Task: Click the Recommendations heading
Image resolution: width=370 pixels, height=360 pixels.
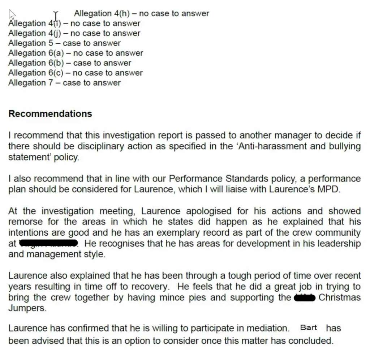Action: (x=50, y=113)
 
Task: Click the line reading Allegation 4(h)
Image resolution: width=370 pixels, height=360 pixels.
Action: (x=141, y=14)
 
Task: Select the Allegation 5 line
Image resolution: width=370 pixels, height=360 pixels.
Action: (x=64, y=43)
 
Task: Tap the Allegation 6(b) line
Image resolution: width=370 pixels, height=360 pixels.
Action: (x=70, y=63)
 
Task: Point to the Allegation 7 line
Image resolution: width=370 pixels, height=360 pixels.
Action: (x=64, y=83)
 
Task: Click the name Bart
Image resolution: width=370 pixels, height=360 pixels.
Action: (x=308, y=328)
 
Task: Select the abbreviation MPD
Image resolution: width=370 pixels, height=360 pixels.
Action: (x=329, y=190)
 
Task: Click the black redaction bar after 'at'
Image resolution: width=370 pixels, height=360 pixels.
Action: (x=49, y=243)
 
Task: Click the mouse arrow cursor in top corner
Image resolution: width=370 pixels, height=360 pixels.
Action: (x=12, y=14)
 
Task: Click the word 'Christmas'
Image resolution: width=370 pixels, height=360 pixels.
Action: (x=340, y=298)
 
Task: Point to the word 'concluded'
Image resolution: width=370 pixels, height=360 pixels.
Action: (x=313, y=340)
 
